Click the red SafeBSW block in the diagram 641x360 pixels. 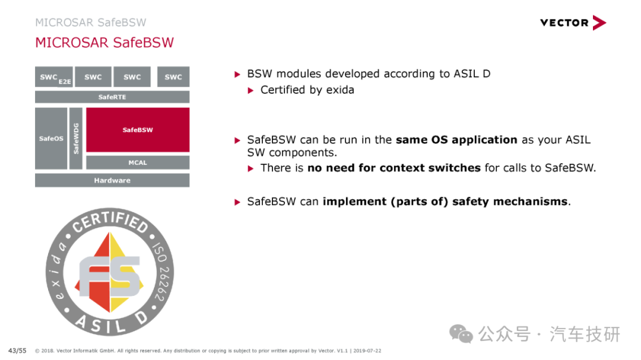138,130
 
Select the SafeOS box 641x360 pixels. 51,139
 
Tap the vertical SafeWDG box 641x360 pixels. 76,139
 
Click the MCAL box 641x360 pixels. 138,163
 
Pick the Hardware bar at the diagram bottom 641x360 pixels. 112,180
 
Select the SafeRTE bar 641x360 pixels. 112,97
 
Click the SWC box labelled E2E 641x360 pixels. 54,77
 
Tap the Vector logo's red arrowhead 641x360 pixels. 599,23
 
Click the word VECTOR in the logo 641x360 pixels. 564,23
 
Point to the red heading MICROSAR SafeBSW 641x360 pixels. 104,43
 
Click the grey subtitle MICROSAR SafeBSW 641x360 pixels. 91,23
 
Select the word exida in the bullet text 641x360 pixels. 340,90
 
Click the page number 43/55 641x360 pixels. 17,351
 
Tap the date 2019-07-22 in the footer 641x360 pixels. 367,351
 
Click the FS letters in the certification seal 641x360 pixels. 110,276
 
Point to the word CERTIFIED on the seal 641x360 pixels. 110,221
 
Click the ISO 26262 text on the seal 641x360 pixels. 162,272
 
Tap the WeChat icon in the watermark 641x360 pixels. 461,334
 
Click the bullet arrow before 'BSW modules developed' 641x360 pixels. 237,74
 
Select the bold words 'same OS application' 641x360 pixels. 456,140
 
